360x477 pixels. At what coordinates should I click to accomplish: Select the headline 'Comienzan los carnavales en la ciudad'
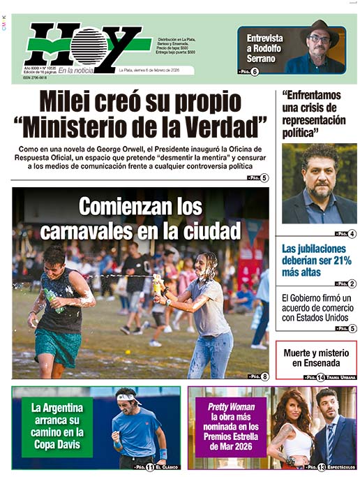click(x=140, y=217)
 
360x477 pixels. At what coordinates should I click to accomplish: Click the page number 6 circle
click(x=255, y=71)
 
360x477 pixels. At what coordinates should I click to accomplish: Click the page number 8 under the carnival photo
click(x=264, y=376)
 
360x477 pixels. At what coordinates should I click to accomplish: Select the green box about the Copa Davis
click(x=57, y=427)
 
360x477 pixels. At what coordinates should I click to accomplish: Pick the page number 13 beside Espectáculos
click(x=322, y=467)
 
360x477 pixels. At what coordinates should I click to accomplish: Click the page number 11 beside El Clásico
click(x=149, y=467)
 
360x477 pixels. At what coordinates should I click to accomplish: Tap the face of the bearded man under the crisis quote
click(x=318, y=181)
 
